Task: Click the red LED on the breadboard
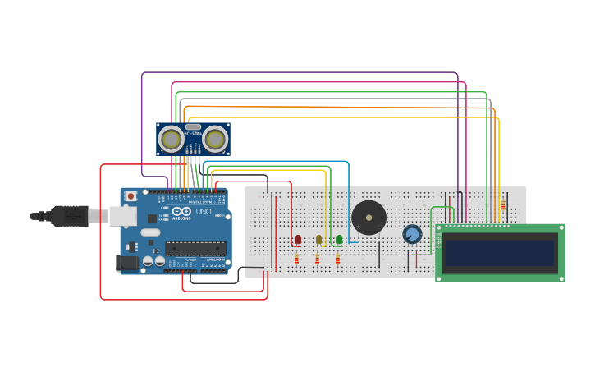[x=298, y=239]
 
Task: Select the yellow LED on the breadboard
[x=318, y=239]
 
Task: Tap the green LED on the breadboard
[x=339, y=239]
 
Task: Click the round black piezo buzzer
[x=368, y=218]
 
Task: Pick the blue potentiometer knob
[x=412, y=235]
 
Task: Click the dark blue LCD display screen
[x=500, y=253]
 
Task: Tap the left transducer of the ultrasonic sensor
[x=172, y=139]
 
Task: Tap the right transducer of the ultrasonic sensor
[x=215, y=139]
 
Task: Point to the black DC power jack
[x=127, y=263]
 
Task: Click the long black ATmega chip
[x=195, y=248]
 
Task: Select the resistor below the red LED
[x=297, y=259]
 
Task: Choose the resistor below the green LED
[x=338, y=259]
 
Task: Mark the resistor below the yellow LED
[x=318, y=259]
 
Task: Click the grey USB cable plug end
[x=69, y=215]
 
